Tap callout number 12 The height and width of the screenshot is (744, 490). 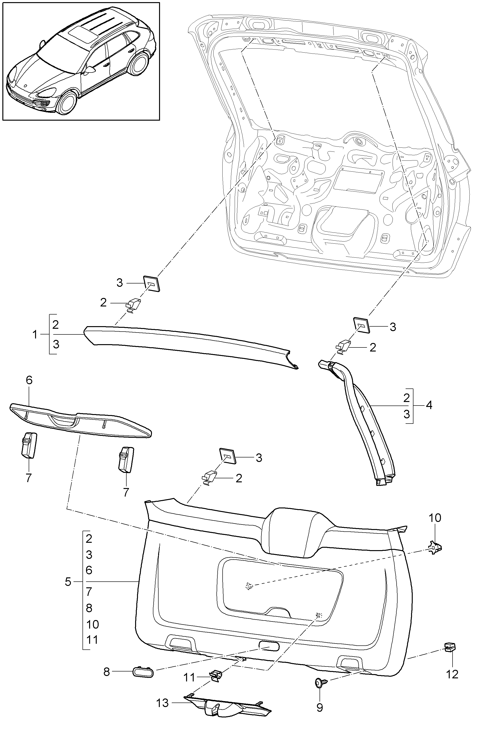(x=452, y=674)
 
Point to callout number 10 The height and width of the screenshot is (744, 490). (x=435, y=518)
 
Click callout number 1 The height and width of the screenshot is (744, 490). (x=35, y=335)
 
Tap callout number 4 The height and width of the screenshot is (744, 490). (x=429, y=405)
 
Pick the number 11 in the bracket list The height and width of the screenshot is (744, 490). (x=92, y=639)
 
